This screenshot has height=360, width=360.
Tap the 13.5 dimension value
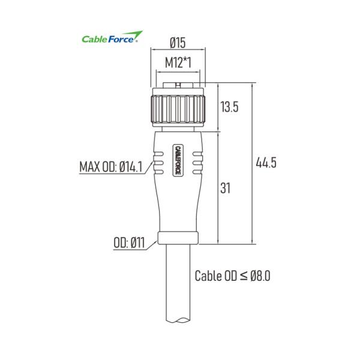[230, 107]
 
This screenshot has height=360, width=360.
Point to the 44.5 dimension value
[266, 163]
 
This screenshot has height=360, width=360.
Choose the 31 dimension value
[225, 188]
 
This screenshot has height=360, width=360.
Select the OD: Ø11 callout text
[129, 243]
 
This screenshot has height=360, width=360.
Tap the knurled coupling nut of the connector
[177, 108]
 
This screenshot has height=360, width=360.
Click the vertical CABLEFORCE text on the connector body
[178, 160]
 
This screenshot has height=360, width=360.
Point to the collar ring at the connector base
[177, 238]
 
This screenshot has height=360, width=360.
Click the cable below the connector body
[177, 288]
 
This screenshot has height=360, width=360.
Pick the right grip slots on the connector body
[196, 163]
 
